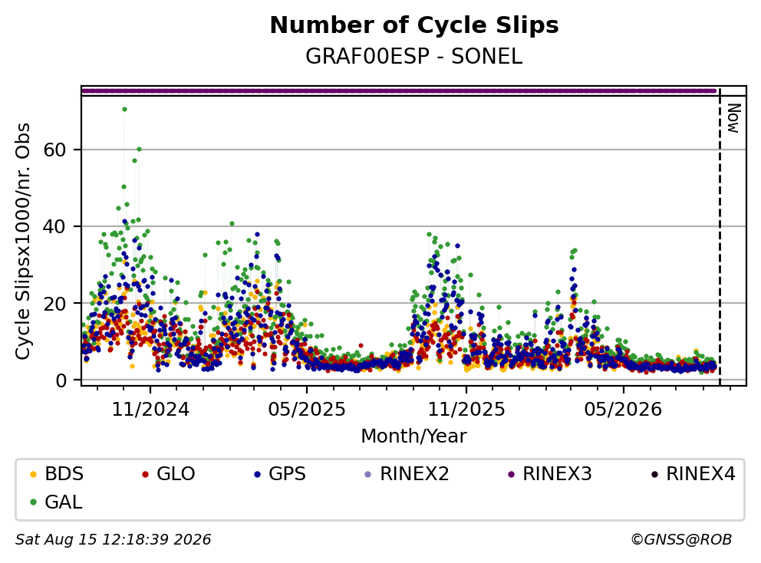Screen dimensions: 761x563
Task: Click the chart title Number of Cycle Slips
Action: (414, 25)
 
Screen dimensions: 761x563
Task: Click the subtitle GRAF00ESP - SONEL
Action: (414, 57)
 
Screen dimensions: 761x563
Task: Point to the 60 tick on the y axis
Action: (54, 150)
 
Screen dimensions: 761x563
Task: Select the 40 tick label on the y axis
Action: (54, 226)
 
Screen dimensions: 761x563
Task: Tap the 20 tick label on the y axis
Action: (54, 303)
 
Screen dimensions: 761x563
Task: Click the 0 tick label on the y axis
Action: (61, 380)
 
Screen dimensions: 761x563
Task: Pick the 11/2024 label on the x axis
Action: (150, 410)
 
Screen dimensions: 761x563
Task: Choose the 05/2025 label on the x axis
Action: (307, 410)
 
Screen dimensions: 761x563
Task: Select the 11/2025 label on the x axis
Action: (466, 410)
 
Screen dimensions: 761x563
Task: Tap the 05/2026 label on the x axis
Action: (623, 410)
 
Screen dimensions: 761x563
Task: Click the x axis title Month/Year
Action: (414, 436)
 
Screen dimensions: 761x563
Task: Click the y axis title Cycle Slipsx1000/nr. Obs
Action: (22, 241)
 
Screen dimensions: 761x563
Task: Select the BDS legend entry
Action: (57, 474)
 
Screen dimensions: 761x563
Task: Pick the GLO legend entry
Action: (169, 474)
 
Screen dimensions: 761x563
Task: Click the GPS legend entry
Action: (281, 474)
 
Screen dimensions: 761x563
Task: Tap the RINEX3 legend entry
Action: (550, 474)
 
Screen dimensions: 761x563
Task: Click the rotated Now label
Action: (733, 118)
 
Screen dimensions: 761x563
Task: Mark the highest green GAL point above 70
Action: (125, 109)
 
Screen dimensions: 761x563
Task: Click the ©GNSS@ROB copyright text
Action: (681, 539)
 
